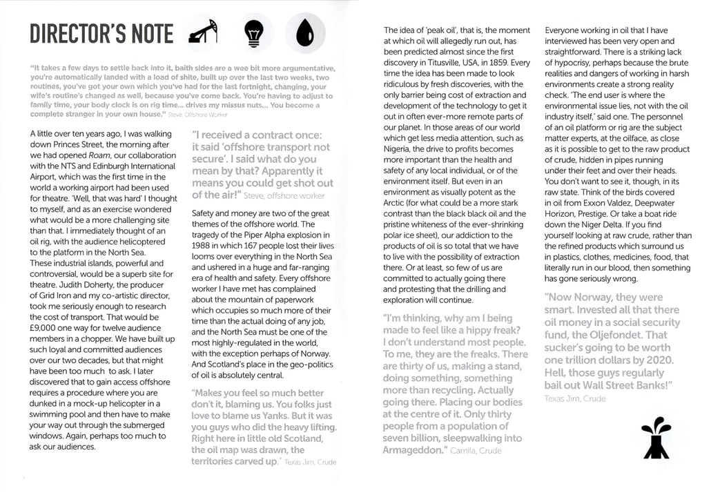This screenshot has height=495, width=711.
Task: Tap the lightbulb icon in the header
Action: pyautogui.click(x=253, y=32)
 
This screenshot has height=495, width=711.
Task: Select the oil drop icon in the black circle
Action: pyautogui.click(x=305, y=32)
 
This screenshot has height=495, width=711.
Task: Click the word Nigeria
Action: pyautogui.click(x=400, y=149)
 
